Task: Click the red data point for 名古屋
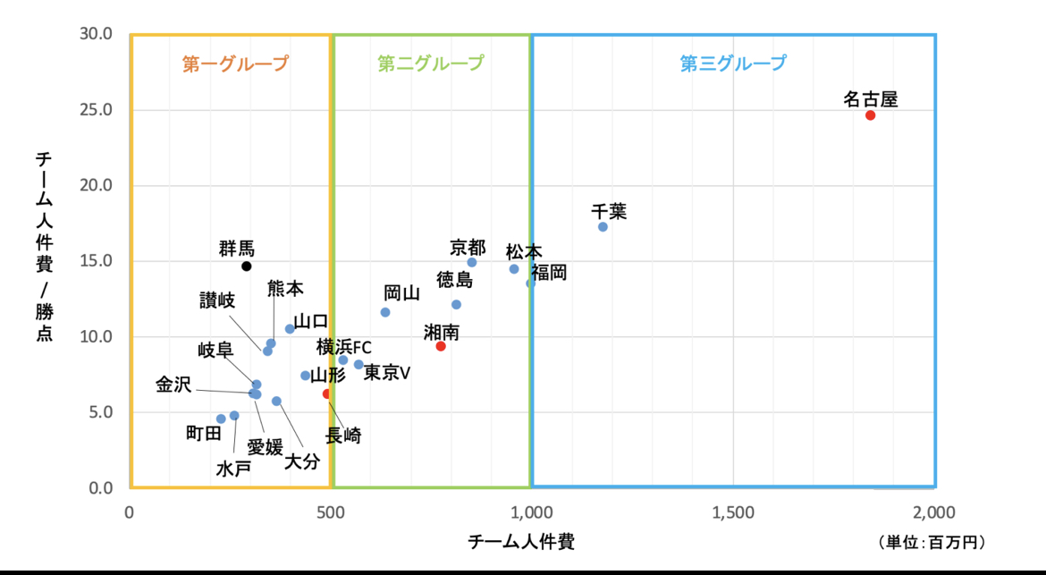coord(870,115)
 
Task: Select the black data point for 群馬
coord(247,266)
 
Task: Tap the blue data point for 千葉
coord(603,226)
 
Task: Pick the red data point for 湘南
coord(441,346)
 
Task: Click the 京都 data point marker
coord(472,262)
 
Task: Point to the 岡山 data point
coord(385,312)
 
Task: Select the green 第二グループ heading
coord(431,63)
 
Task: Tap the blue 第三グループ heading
coord(733,63)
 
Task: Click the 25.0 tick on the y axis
coord(97,110)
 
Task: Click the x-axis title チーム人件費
coord(521,542)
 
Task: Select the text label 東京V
coord(386,373)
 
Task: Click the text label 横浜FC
coord(343,347)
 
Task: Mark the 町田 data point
coord(221,419)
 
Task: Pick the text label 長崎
coord(343,436)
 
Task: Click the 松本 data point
coord(514,269)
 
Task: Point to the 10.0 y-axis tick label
coord(97,337)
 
